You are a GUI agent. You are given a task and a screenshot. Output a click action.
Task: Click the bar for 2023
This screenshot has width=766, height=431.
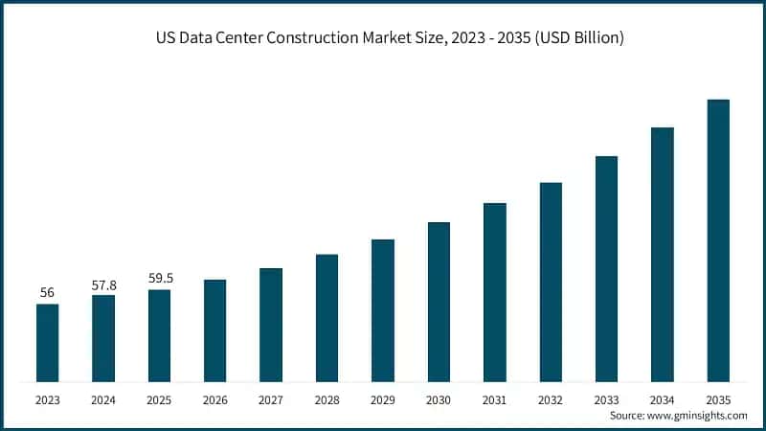click(47, 343)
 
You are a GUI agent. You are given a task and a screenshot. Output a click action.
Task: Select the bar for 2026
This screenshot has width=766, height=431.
click(215, 330)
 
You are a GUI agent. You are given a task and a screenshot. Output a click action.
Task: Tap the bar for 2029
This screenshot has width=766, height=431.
click(383, 310)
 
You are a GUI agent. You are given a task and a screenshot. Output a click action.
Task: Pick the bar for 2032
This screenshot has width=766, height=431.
click(551, 282)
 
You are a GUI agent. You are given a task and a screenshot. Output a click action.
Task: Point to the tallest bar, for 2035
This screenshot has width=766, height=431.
click(718, 240)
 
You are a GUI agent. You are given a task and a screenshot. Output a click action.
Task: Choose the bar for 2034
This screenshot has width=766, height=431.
click(663, 254)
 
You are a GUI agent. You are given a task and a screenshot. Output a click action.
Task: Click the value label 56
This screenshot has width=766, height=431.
click(47, 292)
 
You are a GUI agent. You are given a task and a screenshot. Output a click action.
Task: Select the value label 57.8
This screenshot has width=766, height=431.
click(103, 284)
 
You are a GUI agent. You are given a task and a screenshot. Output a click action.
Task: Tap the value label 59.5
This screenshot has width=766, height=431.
click(159, 279)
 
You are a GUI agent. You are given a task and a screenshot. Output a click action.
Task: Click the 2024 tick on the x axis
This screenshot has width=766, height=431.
click(103, 399)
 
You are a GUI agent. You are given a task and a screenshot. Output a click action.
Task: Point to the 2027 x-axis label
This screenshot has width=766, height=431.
click(271, 399)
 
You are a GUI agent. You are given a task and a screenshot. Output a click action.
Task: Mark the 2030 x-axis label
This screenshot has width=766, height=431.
click(439, 399)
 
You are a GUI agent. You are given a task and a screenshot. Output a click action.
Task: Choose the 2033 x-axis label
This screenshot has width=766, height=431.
click(606, 399)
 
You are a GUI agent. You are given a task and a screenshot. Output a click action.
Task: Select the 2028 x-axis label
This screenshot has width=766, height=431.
click(327, 399)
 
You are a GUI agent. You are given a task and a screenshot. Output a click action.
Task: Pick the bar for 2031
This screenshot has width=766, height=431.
click(495, 292)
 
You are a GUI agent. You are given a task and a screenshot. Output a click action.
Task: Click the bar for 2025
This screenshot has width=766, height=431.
click(159, 335)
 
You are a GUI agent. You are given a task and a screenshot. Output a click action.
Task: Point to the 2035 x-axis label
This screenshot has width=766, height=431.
click(718, 399)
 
